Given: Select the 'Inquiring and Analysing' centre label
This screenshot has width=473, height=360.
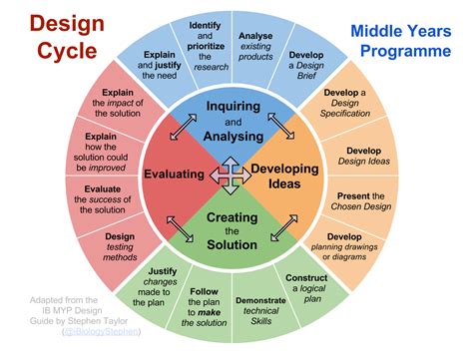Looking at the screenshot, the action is point(233,122).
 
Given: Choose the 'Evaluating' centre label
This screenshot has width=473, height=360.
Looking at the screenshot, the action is point(175,175).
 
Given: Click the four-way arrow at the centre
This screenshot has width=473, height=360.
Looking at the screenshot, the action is point(233,175).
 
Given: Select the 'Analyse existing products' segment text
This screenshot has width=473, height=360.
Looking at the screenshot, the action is point(256,43).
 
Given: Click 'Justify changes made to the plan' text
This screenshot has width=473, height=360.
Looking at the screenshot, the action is point(160,286).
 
